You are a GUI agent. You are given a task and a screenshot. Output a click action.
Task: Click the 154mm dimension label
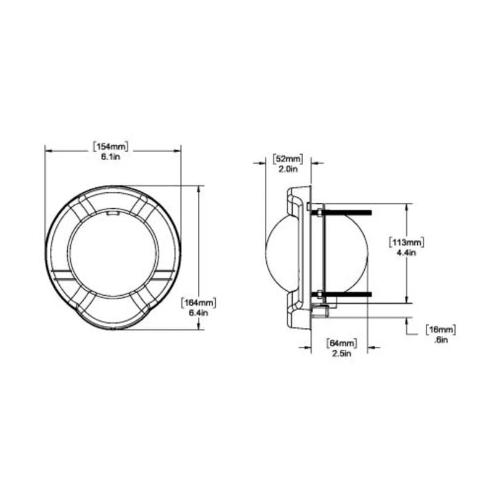click(x=111, y=147)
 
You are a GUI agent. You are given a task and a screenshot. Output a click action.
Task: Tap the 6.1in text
click(x=111, y=157)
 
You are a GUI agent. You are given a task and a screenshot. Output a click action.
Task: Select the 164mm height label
click(x=198, y=303)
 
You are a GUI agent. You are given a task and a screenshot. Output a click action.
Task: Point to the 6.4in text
click(x=198, y=313)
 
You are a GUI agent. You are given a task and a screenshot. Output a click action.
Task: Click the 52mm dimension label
click(x=288, y=159)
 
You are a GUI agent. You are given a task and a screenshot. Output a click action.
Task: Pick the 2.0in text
click(x=288, y=169)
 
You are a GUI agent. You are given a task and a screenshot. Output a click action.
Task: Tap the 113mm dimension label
click(x=407, y=242)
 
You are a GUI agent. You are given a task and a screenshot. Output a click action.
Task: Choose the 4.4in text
click(x=407, y=253)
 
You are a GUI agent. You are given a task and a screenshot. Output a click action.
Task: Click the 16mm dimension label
click(x=441, y=330)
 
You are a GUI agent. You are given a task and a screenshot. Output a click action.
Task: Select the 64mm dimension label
click(x=342, y=343)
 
